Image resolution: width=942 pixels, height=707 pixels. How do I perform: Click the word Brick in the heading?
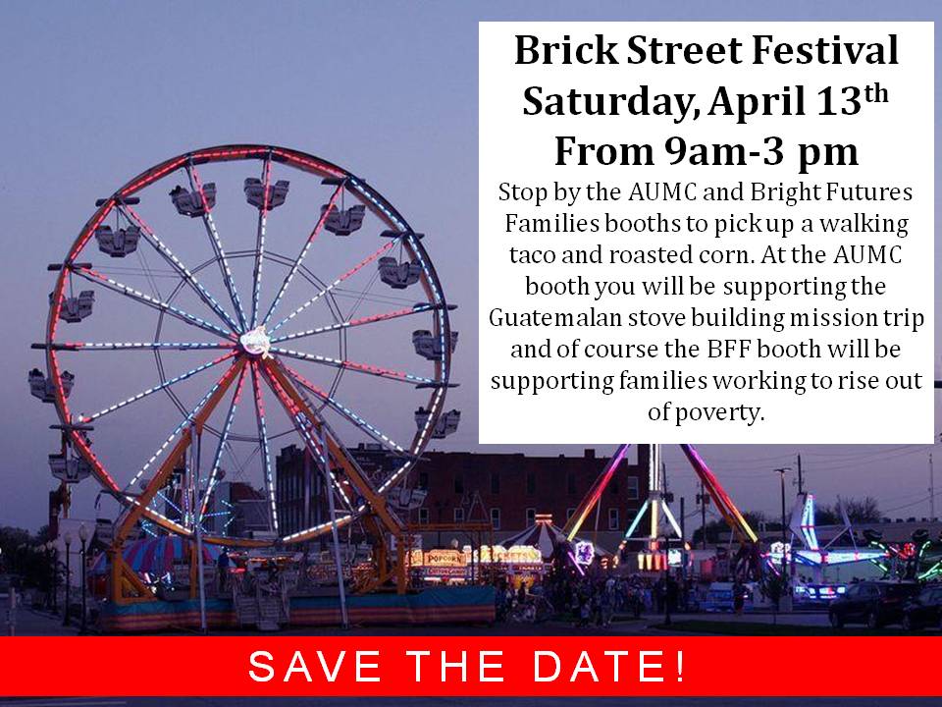pyautogui.click(x=559, y=50)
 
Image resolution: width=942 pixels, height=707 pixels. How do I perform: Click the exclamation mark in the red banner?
pyautogui.click(x=680, y=668)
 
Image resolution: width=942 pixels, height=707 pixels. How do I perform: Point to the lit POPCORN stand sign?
pyautogui.click(x=445, y=556)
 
